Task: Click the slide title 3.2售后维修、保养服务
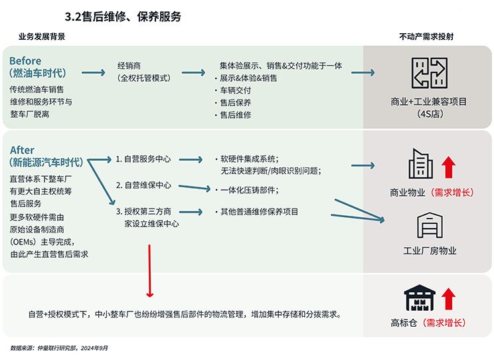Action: coord(123,17)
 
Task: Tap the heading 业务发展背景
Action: coord(42,37)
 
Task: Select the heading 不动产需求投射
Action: coord(426,37)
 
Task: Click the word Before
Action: coord(25,60)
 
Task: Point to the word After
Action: coord(22,149)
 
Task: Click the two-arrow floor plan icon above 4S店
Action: coord(430,73)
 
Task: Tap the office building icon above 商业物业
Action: coord(420,163)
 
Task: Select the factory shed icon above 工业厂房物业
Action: coord(430,225)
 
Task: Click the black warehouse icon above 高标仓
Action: coord(420,298)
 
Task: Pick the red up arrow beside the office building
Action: coord(448,167)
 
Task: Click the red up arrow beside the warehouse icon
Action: coord(448,299)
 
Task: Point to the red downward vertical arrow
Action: coord(149,271)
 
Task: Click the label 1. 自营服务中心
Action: coord(143,159)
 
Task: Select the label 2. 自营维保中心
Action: coord(143,185)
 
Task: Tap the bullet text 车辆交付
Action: coord(235,90)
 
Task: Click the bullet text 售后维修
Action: coord(235,115)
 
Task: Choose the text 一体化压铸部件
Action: coord(248,190)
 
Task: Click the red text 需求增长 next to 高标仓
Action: coord(444,323)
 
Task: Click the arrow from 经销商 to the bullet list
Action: coord(193,73)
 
